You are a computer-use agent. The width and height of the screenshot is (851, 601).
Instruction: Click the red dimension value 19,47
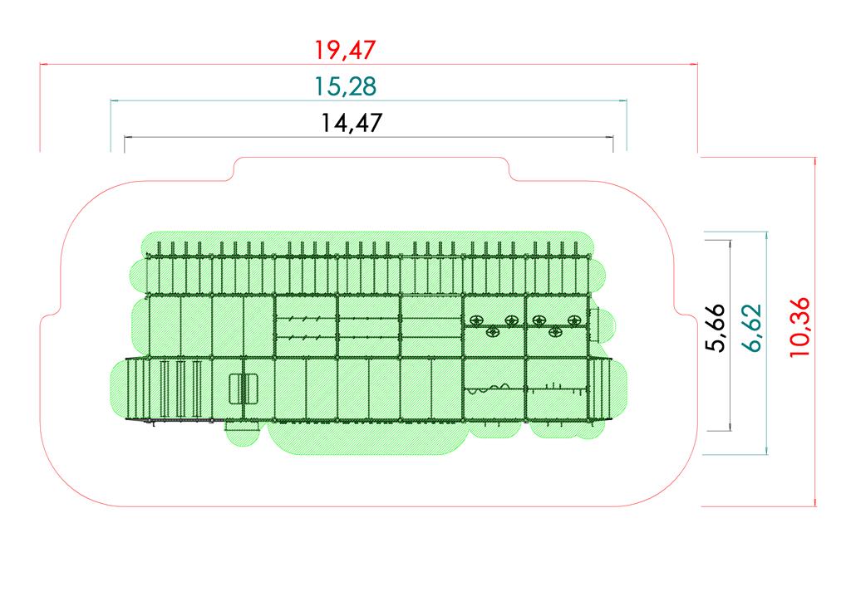pyautogui.click(x=345, y=50)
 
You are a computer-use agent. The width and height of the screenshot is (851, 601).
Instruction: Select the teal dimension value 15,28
pyautogui.click(x=345, y=86)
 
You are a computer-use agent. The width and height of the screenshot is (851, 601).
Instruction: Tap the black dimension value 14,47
pyautogui.click(x=352, y=123)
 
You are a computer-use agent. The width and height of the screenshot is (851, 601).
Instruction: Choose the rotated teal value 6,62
pyautogui.click(x=752, y=328)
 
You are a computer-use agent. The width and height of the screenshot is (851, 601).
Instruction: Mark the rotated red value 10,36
pyautogui.click(x=799, y=327)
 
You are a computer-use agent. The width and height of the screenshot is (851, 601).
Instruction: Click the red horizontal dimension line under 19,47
pyautogui.click(x=368, y=65)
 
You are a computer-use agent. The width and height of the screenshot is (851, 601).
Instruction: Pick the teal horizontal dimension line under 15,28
pyautogui.click(x=368, y=100)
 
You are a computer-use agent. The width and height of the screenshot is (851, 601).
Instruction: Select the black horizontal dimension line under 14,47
pyautogui.click(x=368, y=137)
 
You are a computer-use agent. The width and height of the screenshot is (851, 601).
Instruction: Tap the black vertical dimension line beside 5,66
pyautogui.click(x=730, y=335)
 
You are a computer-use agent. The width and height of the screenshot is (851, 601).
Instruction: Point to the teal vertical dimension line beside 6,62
pyautogui.click(x=766, y=343)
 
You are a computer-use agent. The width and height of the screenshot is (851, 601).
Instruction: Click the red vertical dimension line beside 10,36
pyautogui.click(x=814, y=332)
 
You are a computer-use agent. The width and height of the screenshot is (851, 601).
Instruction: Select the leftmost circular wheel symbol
pyautogui.click(x=476, y=320)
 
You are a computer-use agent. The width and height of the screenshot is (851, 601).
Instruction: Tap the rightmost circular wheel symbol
pyautogui.click(x=573, y=320)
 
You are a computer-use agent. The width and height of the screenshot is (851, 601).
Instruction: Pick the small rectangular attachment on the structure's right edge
pyautogui.click(x=593, y=324)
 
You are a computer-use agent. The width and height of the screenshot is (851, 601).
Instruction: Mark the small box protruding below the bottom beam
pyautogui.click(x=235, y=426)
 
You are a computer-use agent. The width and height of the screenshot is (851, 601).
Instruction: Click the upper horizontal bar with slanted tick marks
pyautogui.click(x=307, y=319)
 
